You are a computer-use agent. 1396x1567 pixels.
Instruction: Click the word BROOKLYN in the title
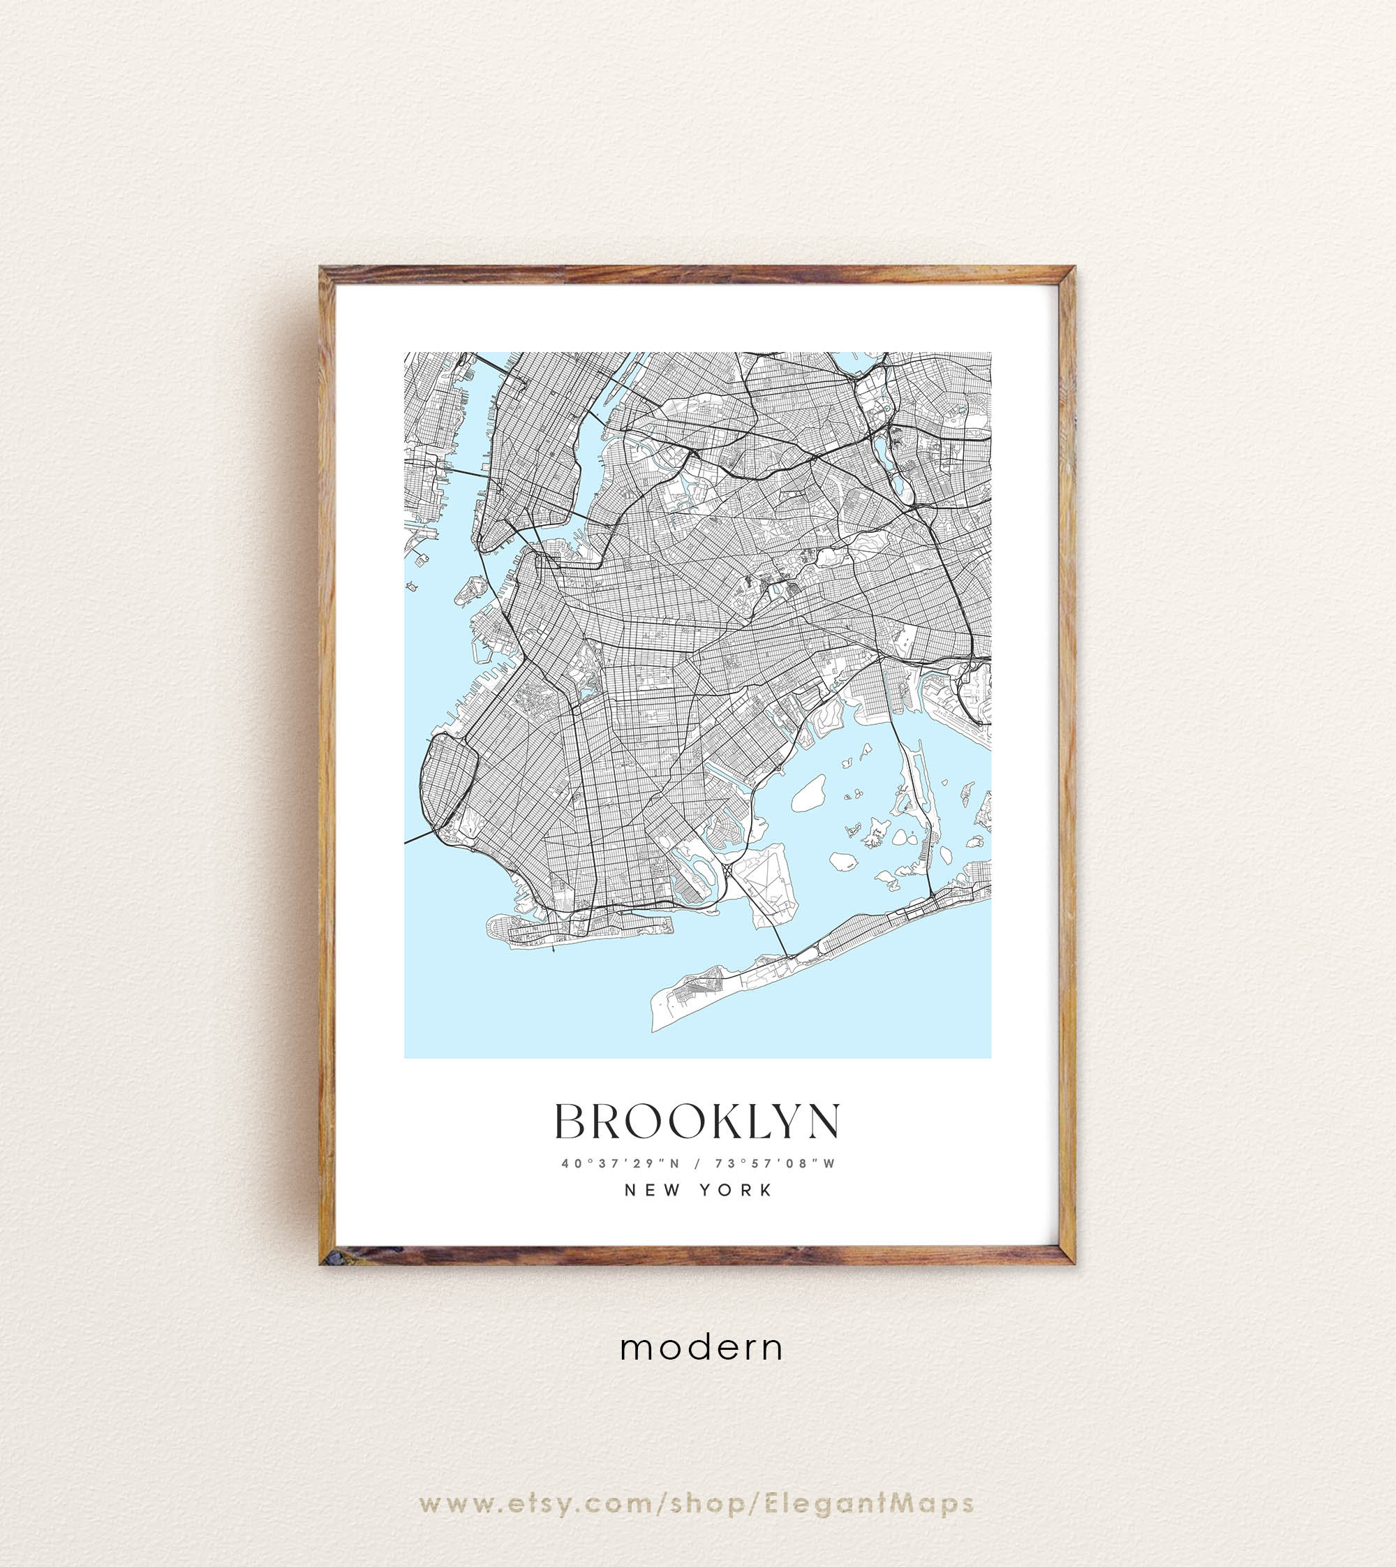697,1122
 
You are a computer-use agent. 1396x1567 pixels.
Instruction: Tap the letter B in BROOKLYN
572,1122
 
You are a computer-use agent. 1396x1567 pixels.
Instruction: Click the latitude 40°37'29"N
621,1163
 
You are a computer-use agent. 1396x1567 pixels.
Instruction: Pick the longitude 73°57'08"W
775,1163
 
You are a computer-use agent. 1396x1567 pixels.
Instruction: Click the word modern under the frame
701,1348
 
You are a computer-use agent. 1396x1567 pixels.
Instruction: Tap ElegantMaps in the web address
869,1503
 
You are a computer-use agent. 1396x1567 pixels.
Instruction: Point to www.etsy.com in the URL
536,1503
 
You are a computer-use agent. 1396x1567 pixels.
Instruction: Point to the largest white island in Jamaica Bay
808,793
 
